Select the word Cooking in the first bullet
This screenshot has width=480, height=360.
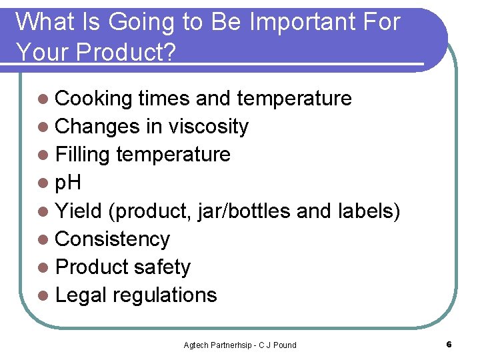point(94,99)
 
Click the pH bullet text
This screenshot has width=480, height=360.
point(68,183)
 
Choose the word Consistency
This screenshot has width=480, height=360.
point(113,239)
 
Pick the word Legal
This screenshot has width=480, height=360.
point(84,295)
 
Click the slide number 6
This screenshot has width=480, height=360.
point(449,345)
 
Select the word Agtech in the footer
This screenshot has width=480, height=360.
point(197,345)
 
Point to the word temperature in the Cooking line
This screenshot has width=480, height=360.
point(294,99)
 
